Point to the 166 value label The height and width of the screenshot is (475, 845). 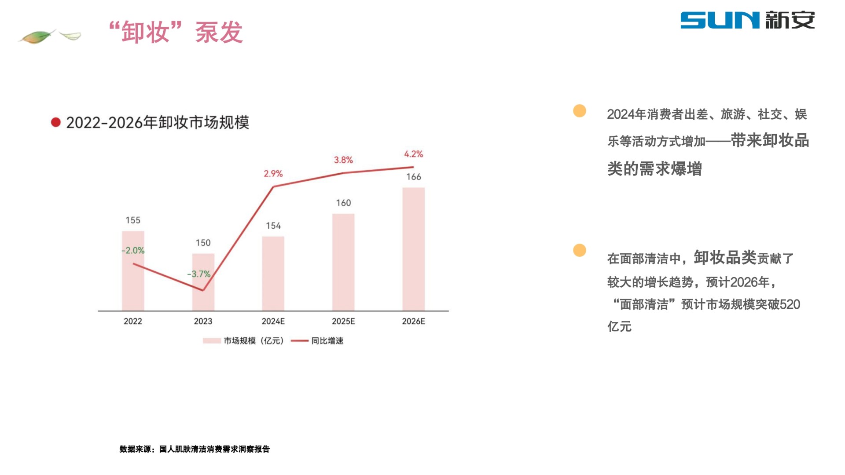click(413, 177)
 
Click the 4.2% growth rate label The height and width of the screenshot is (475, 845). click(413, 154)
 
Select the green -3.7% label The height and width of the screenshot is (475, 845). click(199, 274)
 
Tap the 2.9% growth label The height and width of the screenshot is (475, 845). click(273, 174)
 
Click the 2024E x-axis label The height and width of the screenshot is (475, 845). click(273, 321)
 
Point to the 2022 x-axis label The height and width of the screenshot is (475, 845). click(133, 321)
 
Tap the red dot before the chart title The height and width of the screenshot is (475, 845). click(55, 122)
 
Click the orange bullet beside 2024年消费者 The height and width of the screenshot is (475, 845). click(580, 111)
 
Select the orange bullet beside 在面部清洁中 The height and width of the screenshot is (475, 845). click(580, 250)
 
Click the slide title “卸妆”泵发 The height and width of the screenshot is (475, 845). click(176, 32)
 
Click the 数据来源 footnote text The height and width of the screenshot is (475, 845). click(195, 449)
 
